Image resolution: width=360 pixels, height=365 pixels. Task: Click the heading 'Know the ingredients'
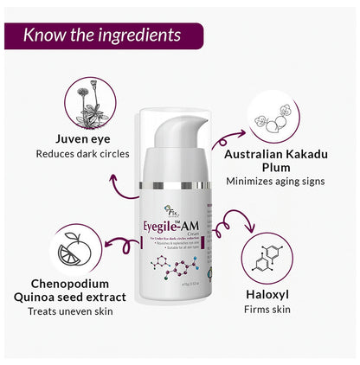point(102,35)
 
